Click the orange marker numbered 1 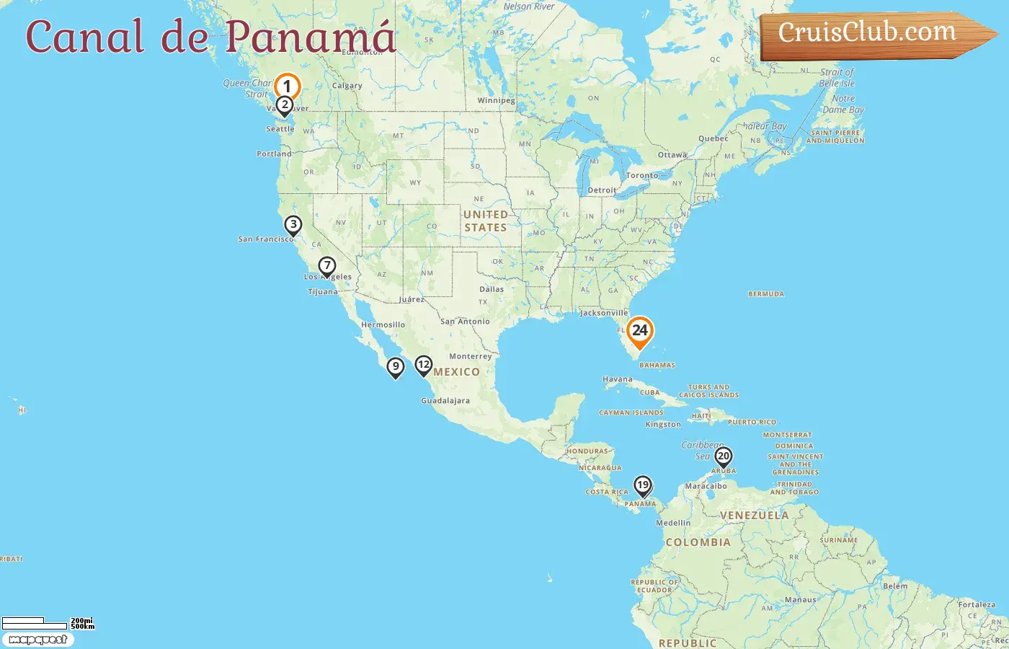tap(287, 87)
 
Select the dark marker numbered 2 tap(285, 105)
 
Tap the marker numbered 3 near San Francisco tap(293, 225)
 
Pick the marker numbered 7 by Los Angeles tap(327, 267)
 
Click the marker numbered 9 tap(395, 367)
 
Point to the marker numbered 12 tap(424, 366)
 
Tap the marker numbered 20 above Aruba tap(723, 456)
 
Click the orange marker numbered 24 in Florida tap(639, 331)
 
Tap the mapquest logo tap(37, 640)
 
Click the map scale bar tap(35, 623)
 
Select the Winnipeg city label tap(496, 101)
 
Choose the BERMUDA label tap(766, 294)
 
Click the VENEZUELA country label tap(754, 516)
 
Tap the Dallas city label tap(492, 289)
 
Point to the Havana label tap(618, 379)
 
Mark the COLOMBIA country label tap(698, 542)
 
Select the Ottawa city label tap(672, 155)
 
